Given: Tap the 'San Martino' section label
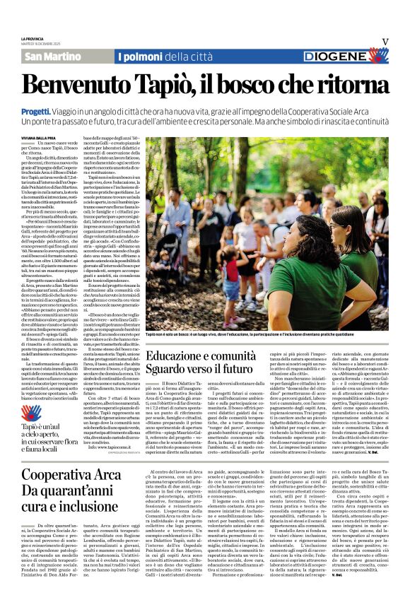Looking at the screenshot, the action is click(53, 57).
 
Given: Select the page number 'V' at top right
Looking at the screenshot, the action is click(385, 42).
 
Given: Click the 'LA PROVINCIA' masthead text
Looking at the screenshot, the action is click(33, 38).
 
